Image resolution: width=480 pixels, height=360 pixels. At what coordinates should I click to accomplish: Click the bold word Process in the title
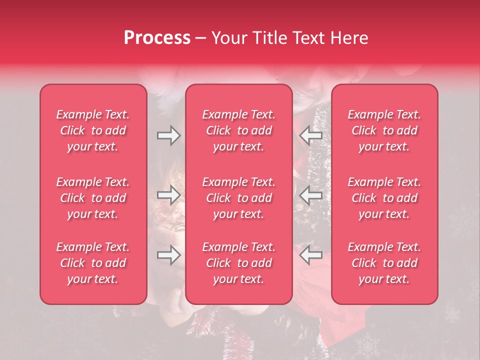coord(157,38)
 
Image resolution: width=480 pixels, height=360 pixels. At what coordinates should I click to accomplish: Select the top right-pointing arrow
coord(168,135)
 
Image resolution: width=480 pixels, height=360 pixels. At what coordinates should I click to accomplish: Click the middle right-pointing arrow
coord(168,195)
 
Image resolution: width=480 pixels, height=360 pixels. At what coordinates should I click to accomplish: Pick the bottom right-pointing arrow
coord(168,255)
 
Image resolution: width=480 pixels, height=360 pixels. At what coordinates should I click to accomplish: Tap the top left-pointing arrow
coord(311,135)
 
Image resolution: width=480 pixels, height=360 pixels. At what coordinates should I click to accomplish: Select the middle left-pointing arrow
coord(311,195)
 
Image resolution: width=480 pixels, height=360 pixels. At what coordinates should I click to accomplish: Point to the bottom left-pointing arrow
coord(311,255)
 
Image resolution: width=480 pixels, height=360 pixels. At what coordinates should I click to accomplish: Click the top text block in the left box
coord(93,130)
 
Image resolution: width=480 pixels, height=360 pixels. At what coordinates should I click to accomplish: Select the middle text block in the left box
coord(93,198)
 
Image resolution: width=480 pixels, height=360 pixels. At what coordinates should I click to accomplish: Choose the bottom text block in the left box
coord(93,263)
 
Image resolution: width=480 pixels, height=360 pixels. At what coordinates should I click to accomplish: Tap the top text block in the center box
coord(239,130)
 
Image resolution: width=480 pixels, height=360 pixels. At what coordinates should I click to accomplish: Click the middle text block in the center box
coord(239,198)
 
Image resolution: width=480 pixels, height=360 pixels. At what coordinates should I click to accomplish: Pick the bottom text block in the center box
coord(239,263)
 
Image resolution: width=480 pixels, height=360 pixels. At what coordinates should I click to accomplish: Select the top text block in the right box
coord(384,130)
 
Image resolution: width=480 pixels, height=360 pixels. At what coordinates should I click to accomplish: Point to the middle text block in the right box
coord(384,198)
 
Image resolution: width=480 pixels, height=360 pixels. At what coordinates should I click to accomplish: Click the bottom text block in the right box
coord(384,263)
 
